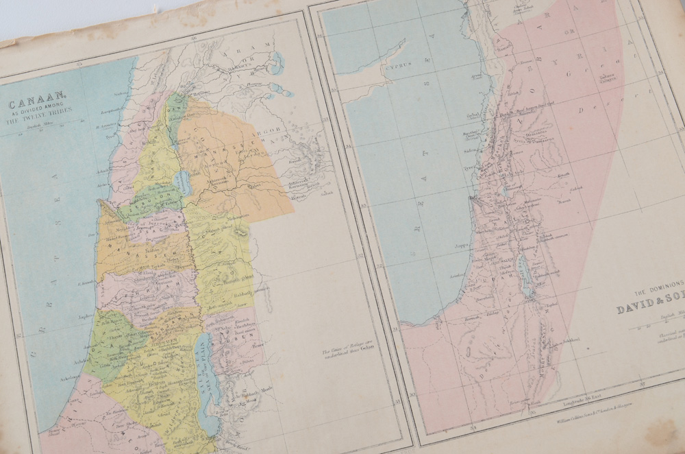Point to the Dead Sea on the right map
click(526, 278)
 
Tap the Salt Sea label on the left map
click(206, 384)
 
